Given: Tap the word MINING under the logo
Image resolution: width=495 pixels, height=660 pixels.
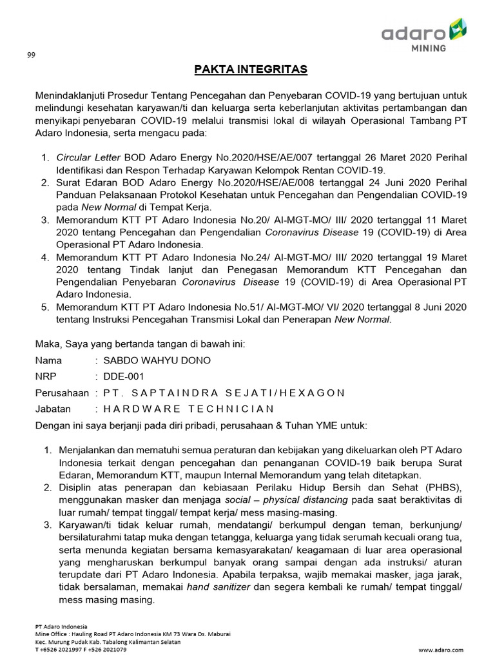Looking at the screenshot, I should coord(430,48).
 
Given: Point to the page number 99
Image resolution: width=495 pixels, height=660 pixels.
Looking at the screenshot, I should coord(30,55).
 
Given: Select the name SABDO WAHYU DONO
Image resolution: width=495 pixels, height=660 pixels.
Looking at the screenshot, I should coord(152,360).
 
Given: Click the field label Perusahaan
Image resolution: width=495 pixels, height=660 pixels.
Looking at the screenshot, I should coord(62,393).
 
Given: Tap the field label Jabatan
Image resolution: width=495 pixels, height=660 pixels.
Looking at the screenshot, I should coord(53,409).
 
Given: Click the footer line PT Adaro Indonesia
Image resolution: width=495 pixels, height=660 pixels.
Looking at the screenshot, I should coord(61,626).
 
